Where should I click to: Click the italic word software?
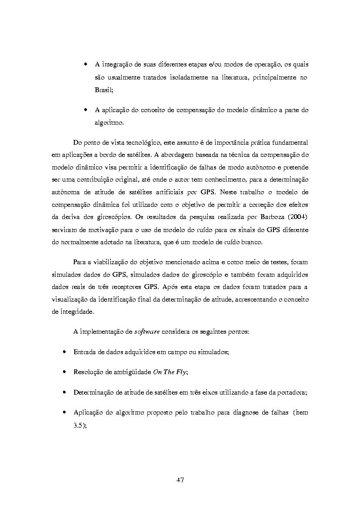[147, 332]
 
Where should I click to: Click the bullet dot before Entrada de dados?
[65, 352]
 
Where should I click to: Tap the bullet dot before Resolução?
[65, 372]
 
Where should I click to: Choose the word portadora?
[291, 392]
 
